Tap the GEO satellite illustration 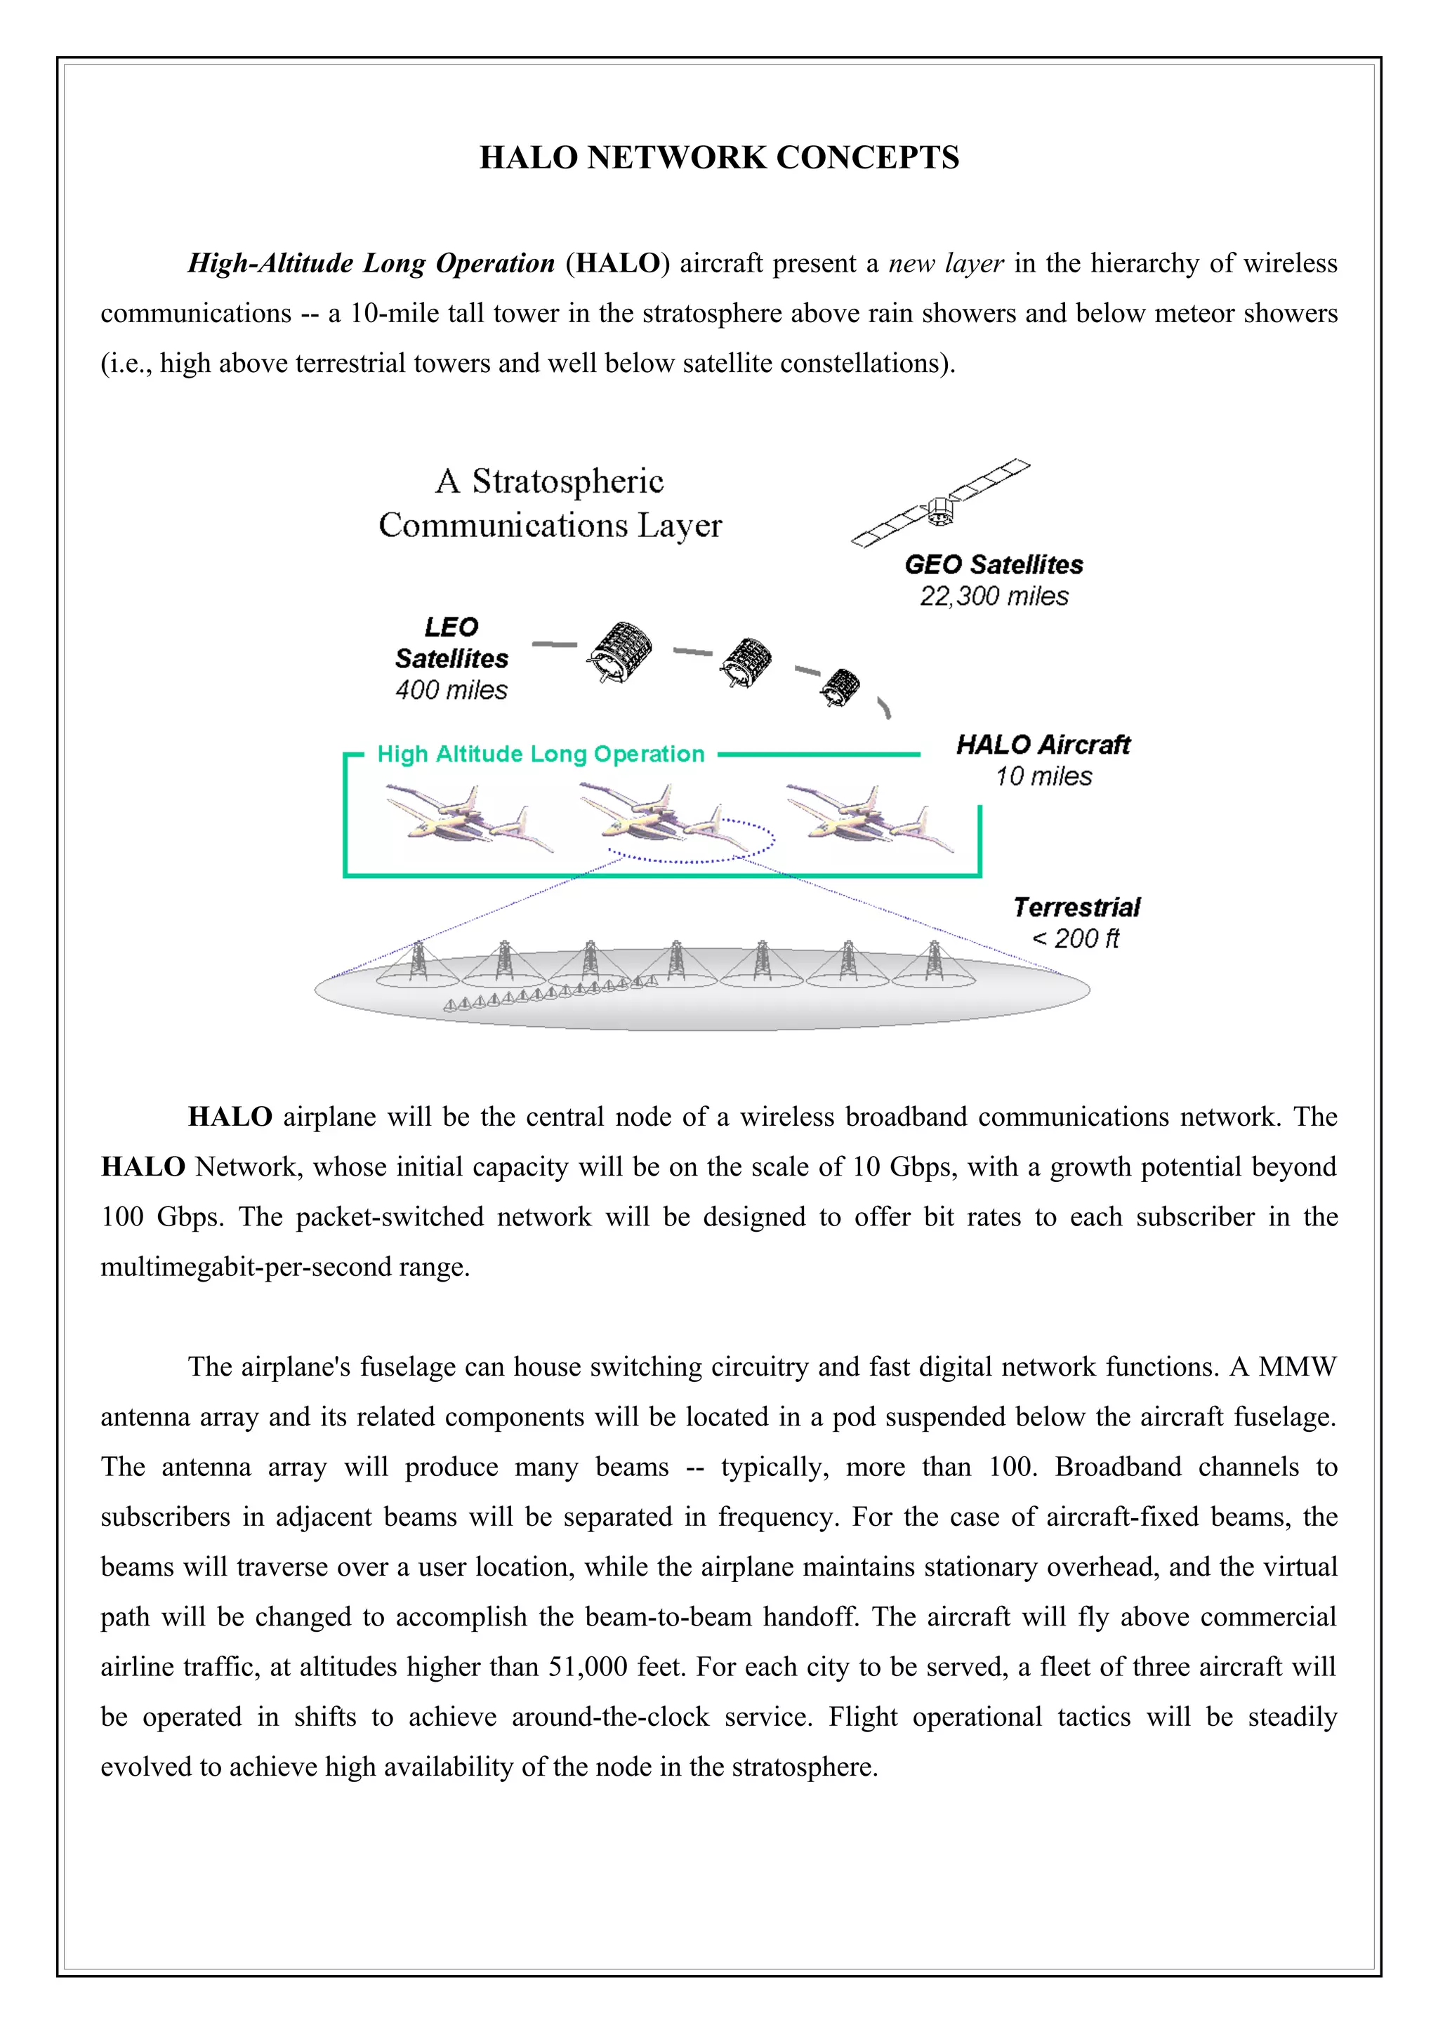click(940, 503)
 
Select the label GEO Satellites click(994, 564)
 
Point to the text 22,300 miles click(994, 596)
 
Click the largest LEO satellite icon click(619, 652)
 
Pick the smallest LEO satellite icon click(839, 686)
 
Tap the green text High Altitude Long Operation click(541, 754)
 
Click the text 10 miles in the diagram click(1043, 776)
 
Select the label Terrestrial click(1076, 907)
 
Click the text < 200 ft click(1076, 938)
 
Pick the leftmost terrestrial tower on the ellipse click(418, 961)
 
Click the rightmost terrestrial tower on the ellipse click(933, 961)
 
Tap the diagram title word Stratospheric click(567, 481)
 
